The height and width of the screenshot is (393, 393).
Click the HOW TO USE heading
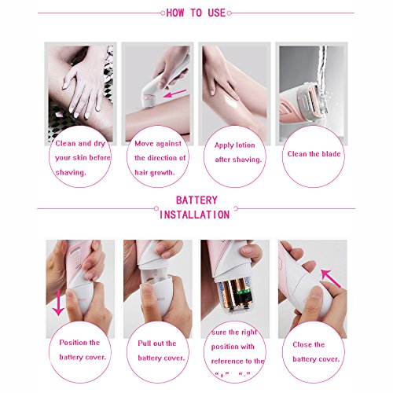click(x=196, y=13)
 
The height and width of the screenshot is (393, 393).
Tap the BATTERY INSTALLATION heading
click(x=195, y=208)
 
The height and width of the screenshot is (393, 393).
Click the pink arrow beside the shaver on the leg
click(x=174, y=94)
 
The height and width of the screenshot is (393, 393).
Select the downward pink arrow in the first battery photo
click(x=58, y=303)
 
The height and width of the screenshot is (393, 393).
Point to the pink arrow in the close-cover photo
click(x=331, y=278)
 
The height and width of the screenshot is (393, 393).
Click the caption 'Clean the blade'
click(x=314, y=154)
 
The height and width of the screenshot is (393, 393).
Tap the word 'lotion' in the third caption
click(x=244, y=145)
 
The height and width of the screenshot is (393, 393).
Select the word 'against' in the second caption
click(x=168, y=144)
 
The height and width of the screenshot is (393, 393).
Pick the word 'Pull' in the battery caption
click(x=143, y=343)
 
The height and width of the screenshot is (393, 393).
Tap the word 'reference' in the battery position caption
click(x=227, y=362)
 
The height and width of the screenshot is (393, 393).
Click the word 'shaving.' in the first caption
click(x=71, y=173)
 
